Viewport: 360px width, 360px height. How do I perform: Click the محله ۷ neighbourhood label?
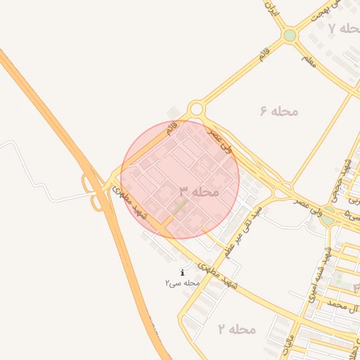pos(342,28)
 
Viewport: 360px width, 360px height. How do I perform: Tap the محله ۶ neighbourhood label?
pos(279,111)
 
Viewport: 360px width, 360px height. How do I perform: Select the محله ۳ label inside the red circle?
pos(199,191)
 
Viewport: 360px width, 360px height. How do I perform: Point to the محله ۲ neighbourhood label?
pos(237,329)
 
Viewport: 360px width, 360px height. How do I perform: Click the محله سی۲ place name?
pos(183,283)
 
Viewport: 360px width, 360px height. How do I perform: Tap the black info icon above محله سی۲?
pos(183,272)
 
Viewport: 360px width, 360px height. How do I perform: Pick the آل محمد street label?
pos(345,307)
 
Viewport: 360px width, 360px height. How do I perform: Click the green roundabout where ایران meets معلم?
pos(290,35)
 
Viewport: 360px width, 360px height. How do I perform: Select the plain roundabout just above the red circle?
pos(195,109)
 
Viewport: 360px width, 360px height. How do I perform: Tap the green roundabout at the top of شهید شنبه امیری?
pos(327,218)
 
